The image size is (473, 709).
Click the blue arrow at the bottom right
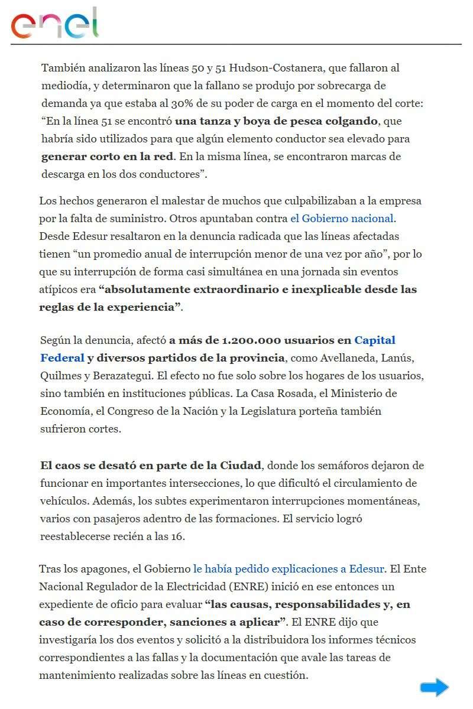tap(435, 687)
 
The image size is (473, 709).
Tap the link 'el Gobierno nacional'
tap(342, 219)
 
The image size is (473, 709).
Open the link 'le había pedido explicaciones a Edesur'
tap(289, 570)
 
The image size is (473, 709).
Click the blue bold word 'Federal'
tap(62, 358)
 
